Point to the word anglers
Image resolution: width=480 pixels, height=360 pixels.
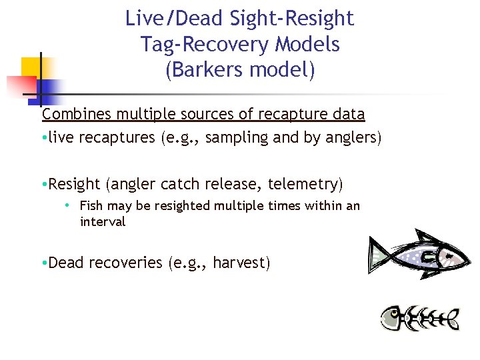[349, 138]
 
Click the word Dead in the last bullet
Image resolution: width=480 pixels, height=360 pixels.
[67, 263]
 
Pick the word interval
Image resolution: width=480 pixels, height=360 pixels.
[102, 222]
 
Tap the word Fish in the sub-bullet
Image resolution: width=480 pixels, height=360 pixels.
[91, 206]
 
